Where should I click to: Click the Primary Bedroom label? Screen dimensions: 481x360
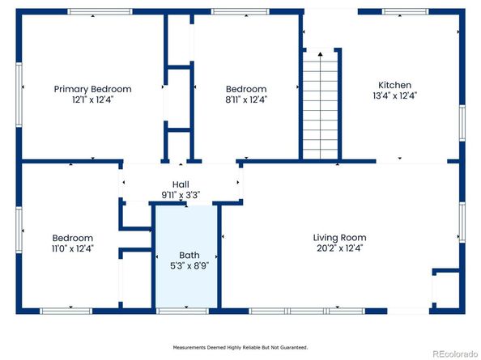coord(92,89)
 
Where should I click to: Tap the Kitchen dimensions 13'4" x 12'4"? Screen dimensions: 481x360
coord(395,95)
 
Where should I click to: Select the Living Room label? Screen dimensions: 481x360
coord(339,238)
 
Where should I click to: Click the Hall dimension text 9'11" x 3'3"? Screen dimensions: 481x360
coord(181,195)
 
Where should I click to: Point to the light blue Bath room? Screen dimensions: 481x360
coord(186,256)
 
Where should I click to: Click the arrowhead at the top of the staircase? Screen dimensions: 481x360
coord(320,54)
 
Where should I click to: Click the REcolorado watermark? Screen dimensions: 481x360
coord(454,354)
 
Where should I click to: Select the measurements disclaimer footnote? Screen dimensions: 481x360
coord(240,347)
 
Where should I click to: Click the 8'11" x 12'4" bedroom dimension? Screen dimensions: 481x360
coord(246,100)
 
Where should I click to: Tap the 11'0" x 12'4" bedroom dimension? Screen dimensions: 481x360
coord(72,248)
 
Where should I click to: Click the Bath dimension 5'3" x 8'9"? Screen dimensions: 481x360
coord(189,265)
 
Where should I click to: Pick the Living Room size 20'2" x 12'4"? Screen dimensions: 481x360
coord(339,248)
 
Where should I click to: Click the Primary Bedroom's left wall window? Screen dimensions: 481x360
coord(19,95)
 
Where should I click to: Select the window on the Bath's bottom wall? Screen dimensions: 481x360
coord(182,311)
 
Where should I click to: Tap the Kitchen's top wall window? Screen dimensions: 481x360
coord(405,11)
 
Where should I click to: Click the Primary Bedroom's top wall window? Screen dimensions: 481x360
coord(100,11)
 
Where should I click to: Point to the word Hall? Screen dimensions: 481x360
coord(181,184)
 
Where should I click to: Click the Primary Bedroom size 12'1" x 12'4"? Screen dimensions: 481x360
coord(92,100)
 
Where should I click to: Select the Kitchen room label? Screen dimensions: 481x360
coord(395,85)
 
